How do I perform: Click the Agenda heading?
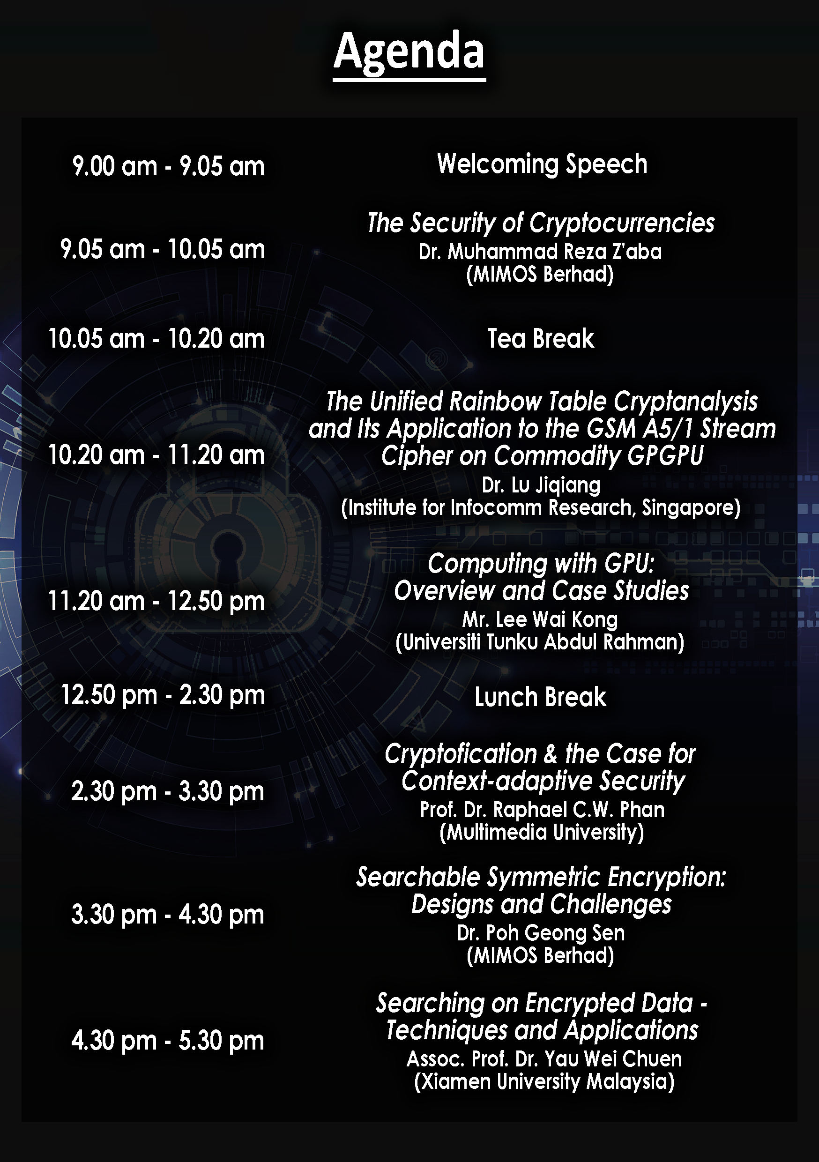point(409,52)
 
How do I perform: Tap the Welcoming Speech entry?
point(542,164)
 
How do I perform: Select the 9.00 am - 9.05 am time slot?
point(169,166)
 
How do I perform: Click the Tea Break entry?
point(541,338)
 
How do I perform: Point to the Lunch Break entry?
point(540,697)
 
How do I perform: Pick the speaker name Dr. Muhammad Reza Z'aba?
point(540,252)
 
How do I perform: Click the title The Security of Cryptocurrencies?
point(541,223)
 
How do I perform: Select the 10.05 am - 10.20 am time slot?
point(156,339)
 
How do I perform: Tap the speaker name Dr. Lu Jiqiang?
point(541,485)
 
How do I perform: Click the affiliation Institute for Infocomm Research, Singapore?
point(541,507)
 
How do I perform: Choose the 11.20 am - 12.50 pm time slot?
point(156,601)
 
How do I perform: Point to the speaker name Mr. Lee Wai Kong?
point(540,619)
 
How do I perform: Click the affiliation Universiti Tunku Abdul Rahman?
point(540,642)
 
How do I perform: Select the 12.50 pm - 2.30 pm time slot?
point(163,695)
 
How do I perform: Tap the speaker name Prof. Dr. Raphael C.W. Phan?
point(542,810)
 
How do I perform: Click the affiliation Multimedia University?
point(542,833)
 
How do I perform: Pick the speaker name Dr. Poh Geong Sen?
point(541,933)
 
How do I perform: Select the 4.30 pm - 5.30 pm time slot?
point(168,1041)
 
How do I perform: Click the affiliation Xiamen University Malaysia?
point(544,1081)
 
